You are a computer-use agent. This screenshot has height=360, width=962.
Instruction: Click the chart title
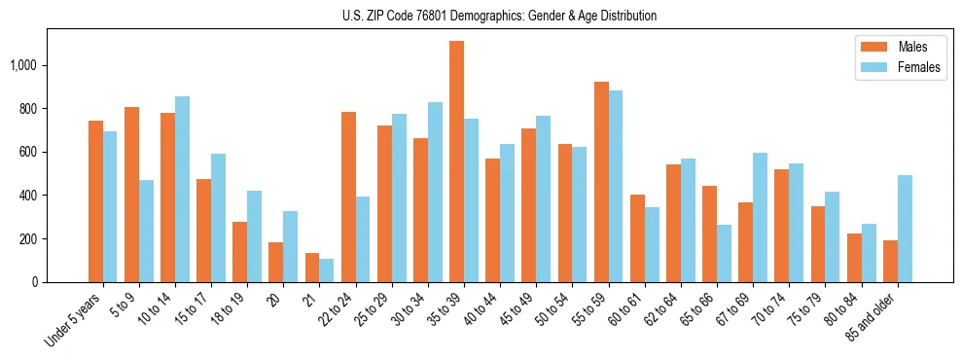499,16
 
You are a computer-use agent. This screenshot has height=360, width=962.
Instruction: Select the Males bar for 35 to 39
456,162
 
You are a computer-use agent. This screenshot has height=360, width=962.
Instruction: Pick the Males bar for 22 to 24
348,197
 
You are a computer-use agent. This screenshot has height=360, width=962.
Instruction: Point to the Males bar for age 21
312,268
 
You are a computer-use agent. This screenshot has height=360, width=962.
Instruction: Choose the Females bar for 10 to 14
182,189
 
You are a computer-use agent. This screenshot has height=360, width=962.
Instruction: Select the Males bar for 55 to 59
601,182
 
